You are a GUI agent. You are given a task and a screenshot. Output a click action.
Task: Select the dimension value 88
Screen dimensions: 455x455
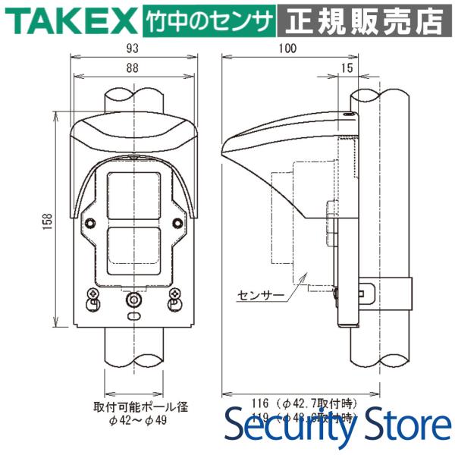tap(133, 68)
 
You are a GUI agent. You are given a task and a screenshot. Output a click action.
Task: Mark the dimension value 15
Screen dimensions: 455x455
tap(347, 68)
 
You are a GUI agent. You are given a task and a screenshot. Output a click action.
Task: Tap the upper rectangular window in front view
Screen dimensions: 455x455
tap(134, 196)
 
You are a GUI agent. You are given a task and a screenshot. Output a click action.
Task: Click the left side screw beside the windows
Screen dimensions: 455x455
tap(92, 223)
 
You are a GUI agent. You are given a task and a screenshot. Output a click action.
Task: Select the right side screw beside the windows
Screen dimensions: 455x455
tap(177, 223)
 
